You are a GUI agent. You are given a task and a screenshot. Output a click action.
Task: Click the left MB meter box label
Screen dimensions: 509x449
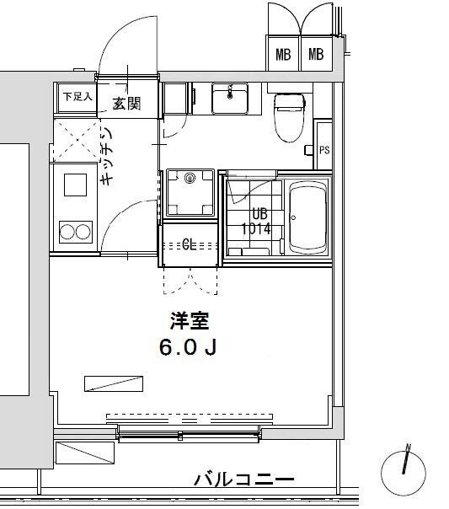click(x=284, y=56)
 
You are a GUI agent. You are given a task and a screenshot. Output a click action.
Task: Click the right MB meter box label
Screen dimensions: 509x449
click(x=316, y=56)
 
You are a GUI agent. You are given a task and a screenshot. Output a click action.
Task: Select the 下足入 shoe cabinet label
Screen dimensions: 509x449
click(x=77, y=96)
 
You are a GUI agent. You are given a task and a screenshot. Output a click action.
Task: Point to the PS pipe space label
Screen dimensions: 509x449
click(x=324, y=150)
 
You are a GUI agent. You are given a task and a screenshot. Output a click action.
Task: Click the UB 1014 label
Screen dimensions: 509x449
click(x=255, y=221)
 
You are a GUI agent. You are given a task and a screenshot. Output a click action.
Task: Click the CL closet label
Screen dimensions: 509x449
click(x=190, y=245)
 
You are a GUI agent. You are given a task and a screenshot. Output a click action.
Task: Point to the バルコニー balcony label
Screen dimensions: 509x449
click(x=244, y=480)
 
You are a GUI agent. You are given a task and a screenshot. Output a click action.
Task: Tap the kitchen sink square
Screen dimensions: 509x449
click(x=74, y=185)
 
